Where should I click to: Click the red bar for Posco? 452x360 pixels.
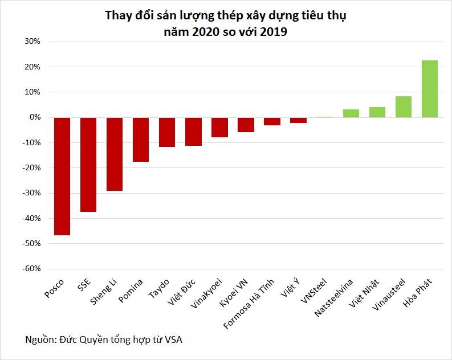pyautogui.click(x=62, y=176)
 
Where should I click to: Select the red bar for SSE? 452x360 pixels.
pyautogui.click(x=88, y=165)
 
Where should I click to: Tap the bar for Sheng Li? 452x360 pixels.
pyautogui.click(x=115, y=154)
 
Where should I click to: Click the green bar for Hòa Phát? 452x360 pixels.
pyautogui.click(x=429, y=89)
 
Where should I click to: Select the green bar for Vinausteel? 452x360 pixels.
pyautogui.click(x=403, y=107)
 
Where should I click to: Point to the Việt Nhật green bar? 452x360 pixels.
pyautogui.click(x=377, y=112)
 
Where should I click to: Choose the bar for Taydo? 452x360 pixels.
pyautogui.click(x=167, y=132)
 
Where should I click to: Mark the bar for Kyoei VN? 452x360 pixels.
pyautogui.click(x=246, y=125)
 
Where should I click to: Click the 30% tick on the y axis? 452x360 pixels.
pyautogui.click(x=31, y=42)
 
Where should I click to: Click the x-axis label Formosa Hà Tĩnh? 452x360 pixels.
pyautogui.click(x=249, y=304)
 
